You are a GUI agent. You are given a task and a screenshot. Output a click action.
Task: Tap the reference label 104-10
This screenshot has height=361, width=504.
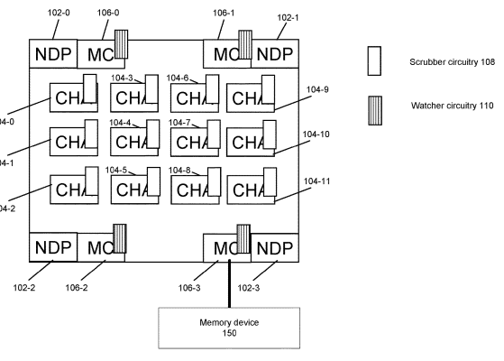[317, 134]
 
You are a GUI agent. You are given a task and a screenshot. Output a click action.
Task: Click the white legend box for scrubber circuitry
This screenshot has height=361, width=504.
[377, 60]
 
